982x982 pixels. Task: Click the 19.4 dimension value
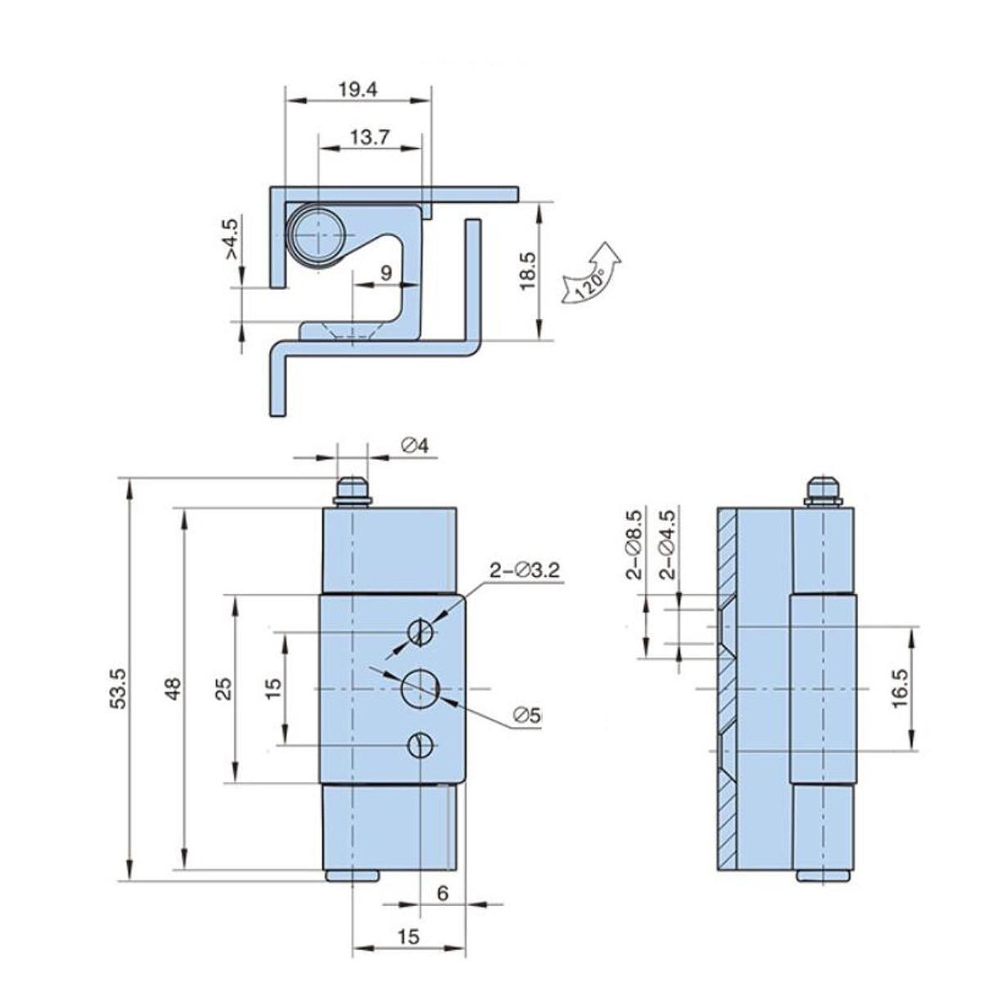tap(358, 90)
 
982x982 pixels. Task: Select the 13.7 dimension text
tap(369, 137)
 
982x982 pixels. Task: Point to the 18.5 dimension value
tap(528, 271)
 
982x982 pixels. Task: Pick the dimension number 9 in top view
tap(386, 273)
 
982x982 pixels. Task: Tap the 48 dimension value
tap(174, 689)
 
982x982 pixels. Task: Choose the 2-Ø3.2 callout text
tap(525, 570)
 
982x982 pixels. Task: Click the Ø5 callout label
tap(528, 715)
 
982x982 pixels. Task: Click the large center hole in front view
tap(420, 689)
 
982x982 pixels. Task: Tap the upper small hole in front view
tap(421, 632)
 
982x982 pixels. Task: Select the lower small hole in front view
tap(421, 746)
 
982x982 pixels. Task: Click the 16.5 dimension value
tap(899, 689)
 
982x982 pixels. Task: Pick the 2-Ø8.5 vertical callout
tap(635, 545)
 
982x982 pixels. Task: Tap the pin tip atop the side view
tap(822, 489)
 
